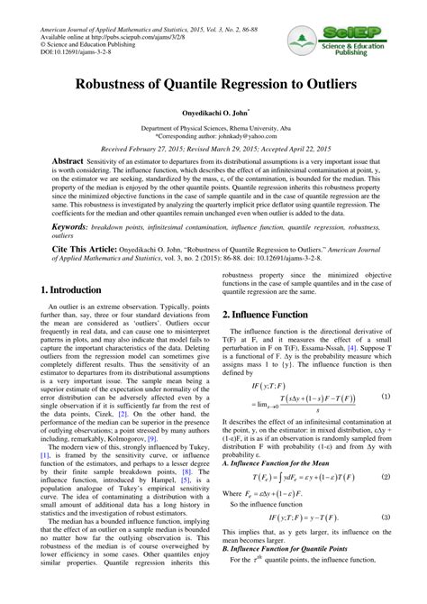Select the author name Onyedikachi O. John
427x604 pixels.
[213, 114]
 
